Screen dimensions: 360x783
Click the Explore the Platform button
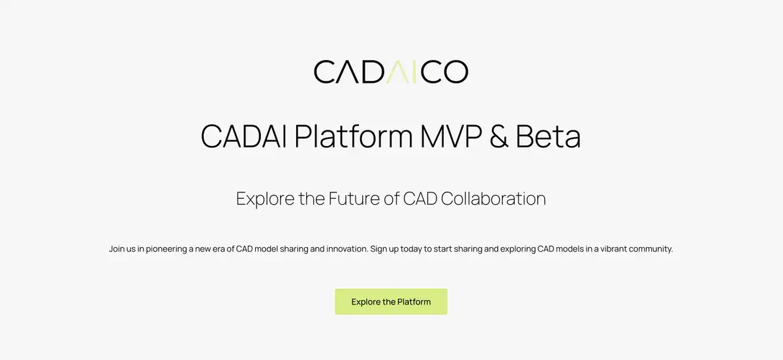point(391,302)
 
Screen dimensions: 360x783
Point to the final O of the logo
point(454,72)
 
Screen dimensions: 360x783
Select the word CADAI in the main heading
point(245,137)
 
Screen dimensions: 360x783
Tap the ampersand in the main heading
point(500,137)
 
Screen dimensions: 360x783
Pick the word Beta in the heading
point(548,137)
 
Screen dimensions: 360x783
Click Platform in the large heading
point(354,137)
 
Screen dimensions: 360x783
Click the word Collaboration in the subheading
point(493,198)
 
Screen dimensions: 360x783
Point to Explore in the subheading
point(265,198)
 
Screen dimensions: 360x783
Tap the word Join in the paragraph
point(117,249)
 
